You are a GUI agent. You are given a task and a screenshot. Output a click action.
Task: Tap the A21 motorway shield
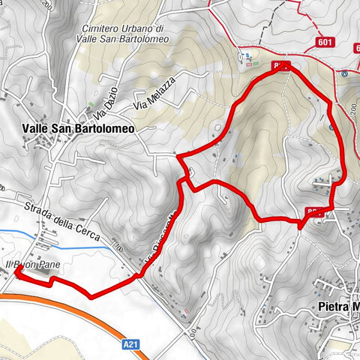130,344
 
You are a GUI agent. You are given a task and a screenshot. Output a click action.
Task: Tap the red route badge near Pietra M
315,212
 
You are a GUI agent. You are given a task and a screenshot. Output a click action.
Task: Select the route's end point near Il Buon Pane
16,275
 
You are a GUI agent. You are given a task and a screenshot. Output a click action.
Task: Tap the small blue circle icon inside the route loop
332,127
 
